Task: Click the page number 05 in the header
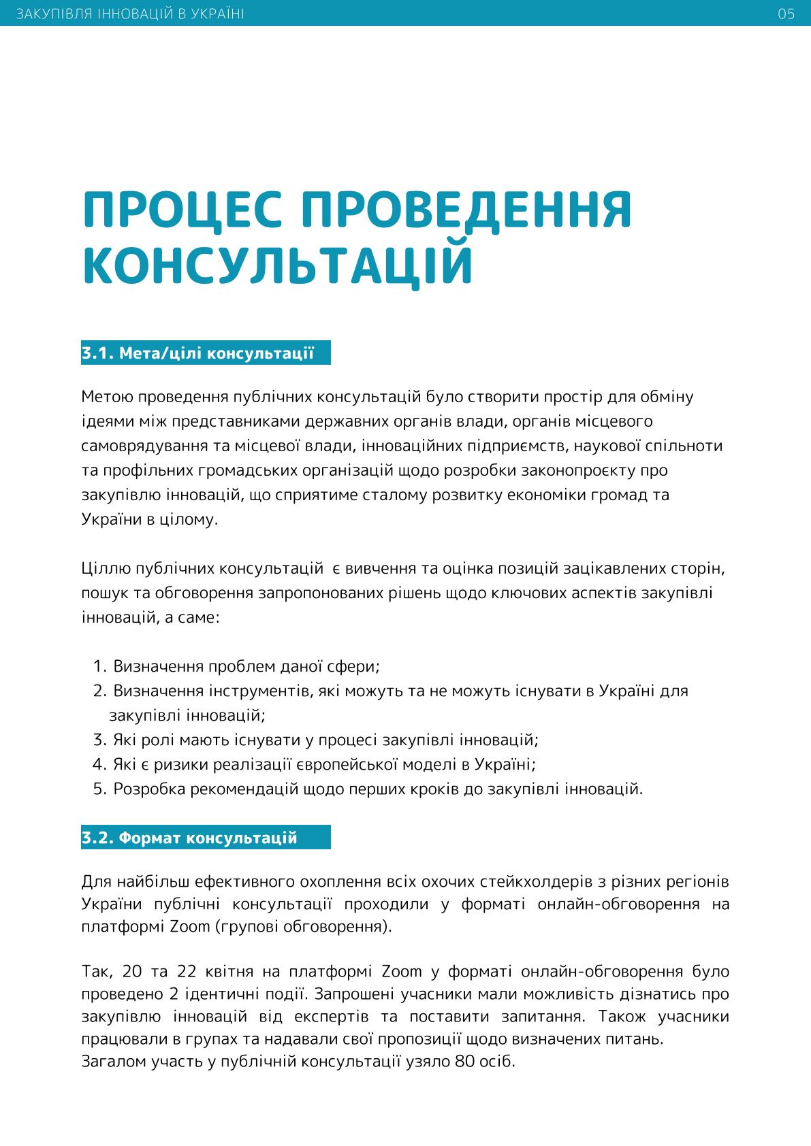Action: [786, 14]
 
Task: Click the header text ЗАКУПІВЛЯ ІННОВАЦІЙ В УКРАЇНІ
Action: [129, 14]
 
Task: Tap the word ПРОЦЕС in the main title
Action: [181, 210]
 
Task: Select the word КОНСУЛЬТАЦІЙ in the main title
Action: [278, 265]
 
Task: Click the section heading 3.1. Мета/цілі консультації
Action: [198, 353]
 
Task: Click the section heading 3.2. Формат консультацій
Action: [190, 837]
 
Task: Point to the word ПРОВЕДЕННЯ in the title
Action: [466, 210]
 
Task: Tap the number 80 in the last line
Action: [460, 1062]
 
